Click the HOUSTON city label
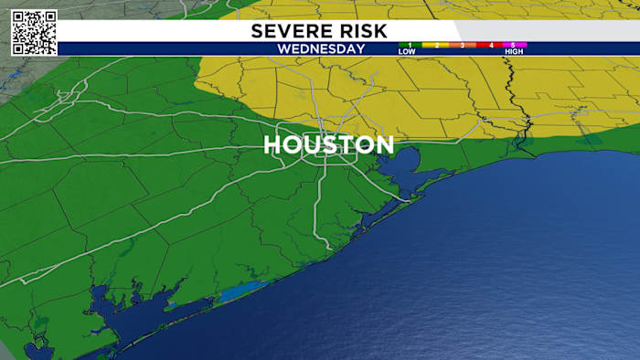[329, 145]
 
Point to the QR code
[34, 32]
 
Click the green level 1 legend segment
[411, 45]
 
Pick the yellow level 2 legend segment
[436, 45]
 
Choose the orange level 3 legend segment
[463, 45]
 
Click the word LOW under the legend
[407, 52]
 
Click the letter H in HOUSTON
[272, 145]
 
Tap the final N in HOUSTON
[385, 145]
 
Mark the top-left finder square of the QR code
[20, 18]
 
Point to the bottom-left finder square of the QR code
[20, 47]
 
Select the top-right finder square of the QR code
[48, 18]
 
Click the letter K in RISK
[381, 31]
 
